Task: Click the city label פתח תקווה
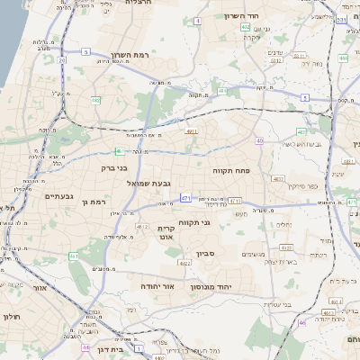231,170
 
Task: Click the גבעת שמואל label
142,183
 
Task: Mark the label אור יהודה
156,285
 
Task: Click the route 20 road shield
62,60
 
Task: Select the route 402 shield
246,27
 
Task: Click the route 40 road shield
259,140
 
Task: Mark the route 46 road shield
302,322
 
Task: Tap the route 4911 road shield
192,131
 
